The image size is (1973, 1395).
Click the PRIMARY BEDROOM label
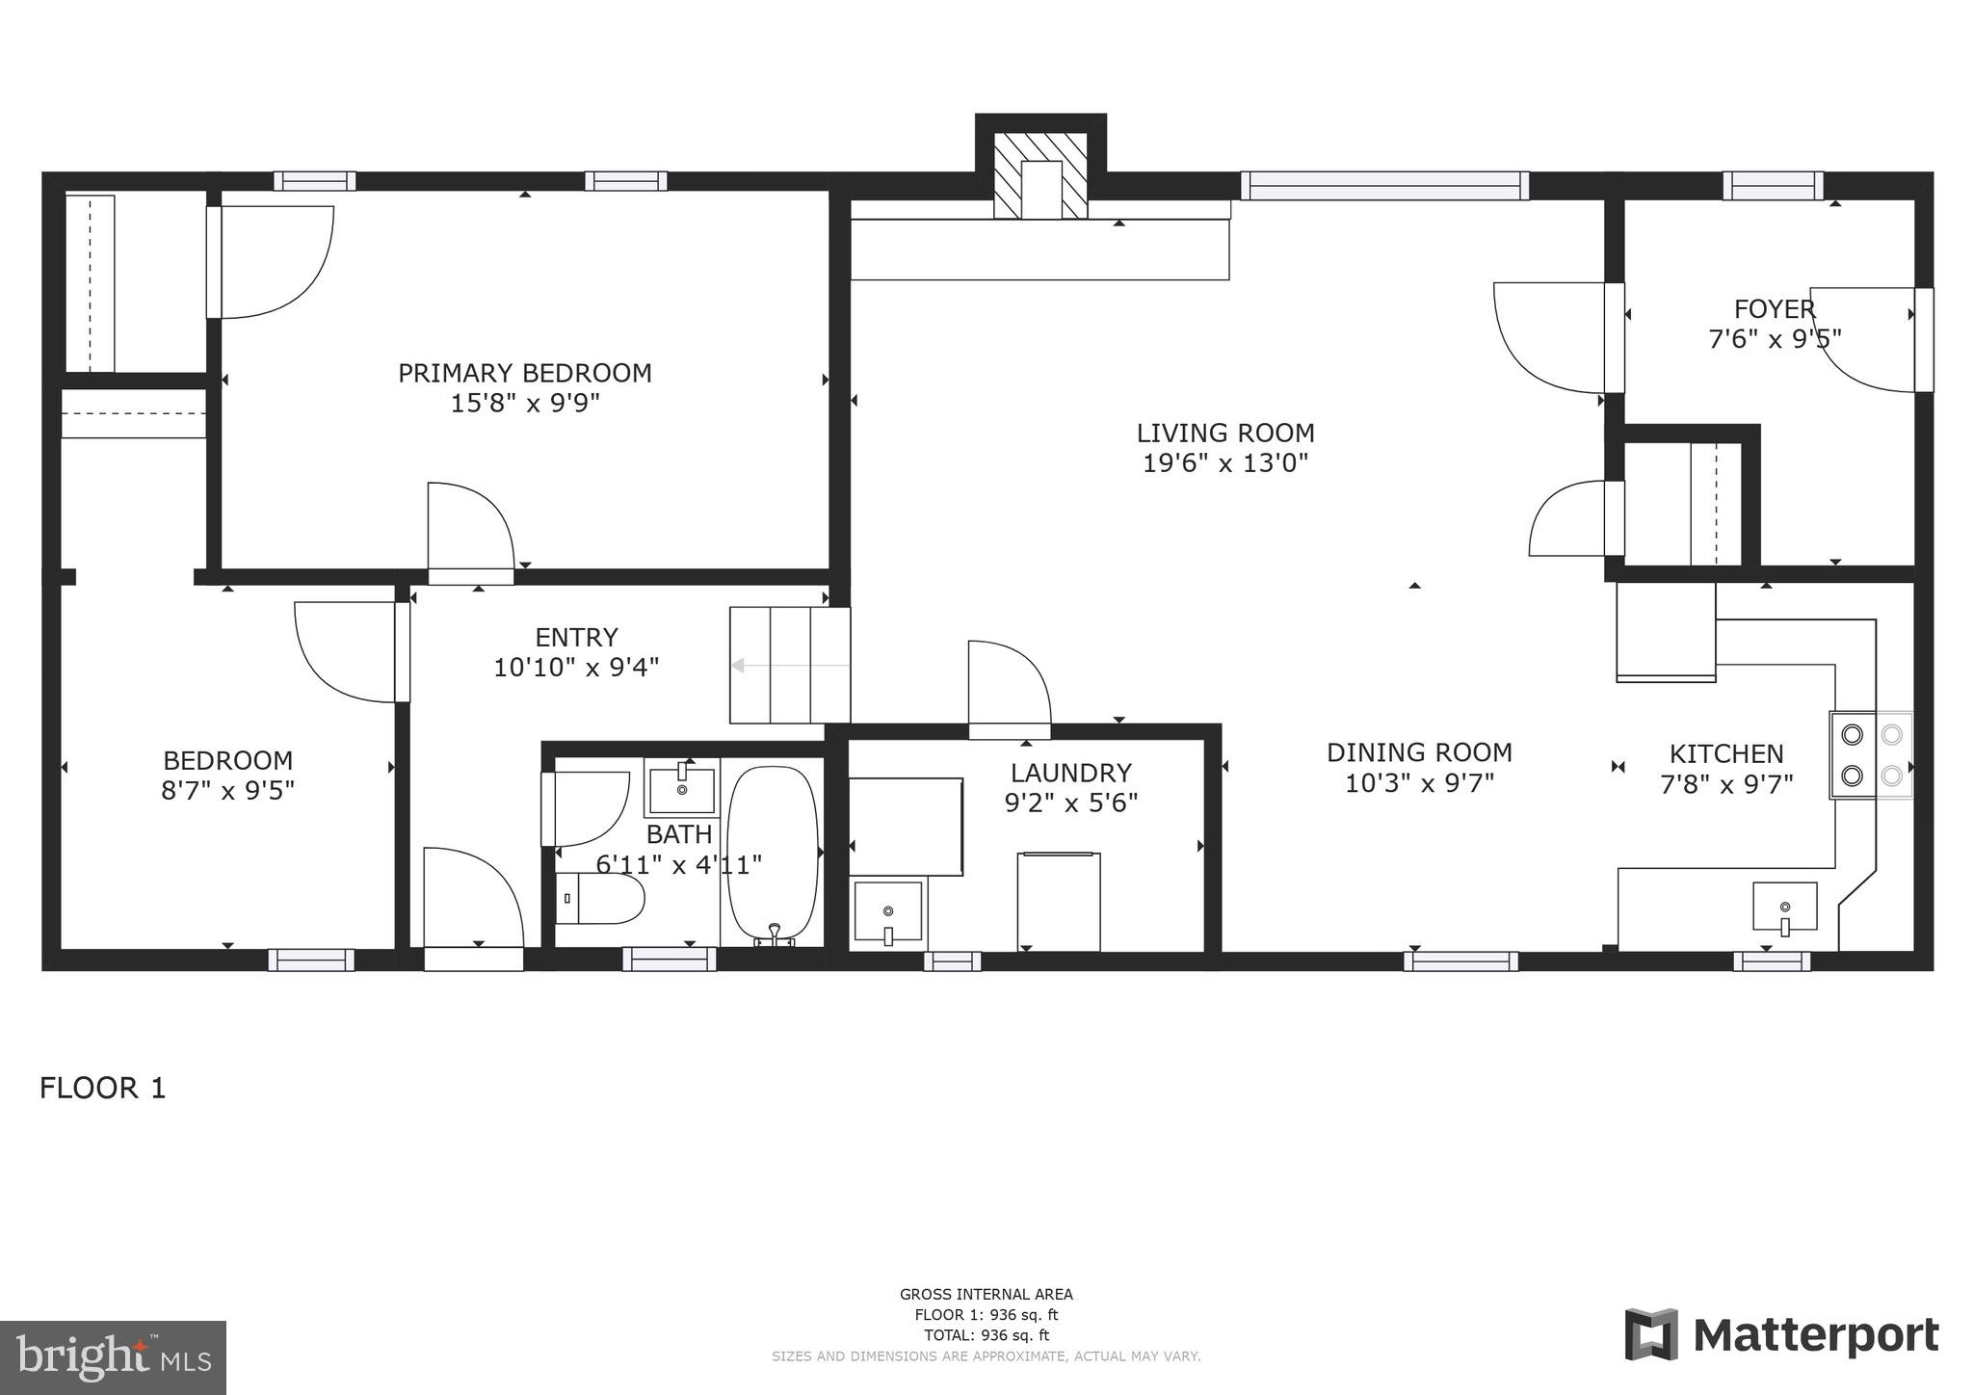click(x=525, y=373)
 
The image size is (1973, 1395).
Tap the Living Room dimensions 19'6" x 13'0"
click(x=1224, y=463)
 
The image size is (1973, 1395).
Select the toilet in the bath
click(x=601, y=899)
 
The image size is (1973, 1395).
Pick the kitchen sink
click(x=1784, y=907)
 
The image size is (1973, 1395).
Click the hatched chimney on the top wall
click(x=1040, y=177)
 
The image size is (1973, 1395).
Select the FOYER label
click(x=1775, y=309)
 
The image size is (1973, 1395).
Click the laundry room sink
click(x=888, y=910)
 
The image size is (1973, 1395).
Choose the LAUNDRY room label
click(x=1070, y=773)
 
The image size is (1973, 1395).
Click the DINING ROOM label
click(x=1419, y=752)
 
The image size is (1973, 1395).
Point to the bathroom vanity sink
click(x=682, y=790)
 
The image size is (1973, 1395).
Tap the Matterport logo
click(x=1781, y=1335)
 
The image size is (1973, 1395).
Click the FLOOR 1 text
click(x=103, y=1089)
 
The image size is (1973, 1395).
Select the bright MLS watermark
click(x=113, y=1357)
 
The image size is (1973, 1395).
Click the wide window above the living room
click(x=1383, y=185)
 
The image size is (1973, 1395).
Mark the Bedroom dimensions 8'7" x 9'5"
click(x=227, y=791)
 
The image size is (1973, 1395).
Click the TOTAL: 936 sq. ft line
click(x=986, y=1335)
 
